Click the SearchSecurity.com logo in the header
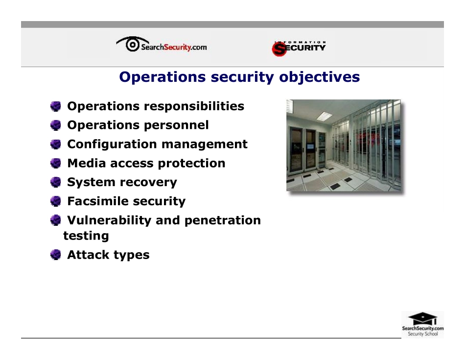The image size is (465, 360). pos(162,46)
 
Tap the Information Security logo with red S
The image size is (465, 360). pos(299,48)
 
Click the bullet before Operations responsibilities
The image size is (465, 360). pos(56,106)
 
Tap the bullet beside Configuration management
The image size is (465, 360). pos(56,144)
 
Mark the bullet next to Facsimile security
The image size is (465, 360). pos(56,201)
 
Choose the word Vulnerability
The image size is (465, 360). pos(109,220)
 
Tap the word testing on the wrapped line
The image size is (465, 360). pos(86,236)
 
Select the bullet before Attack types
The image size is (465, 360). pos(56,255)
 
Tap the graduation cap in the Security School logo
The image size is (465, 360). pos(421,318)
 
